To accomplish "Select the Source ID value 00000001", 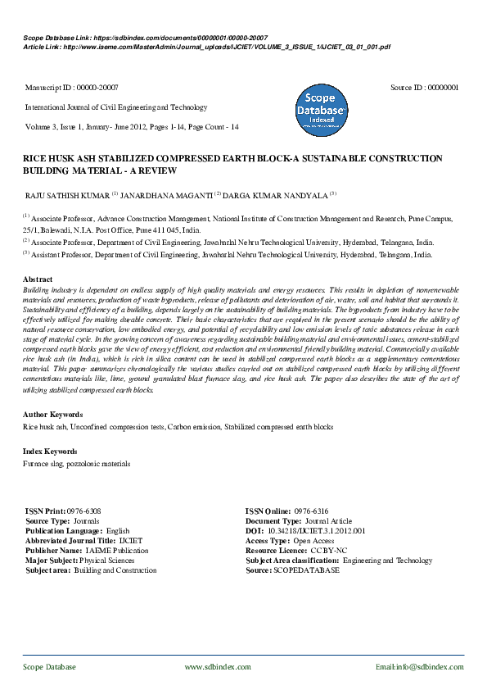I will pyautogui.click(x=442, y=87).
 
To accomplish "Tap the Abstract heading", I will pyautogui.click(x=38, y=279).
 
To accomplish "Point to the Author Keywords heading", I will pyautogui.click(x=53, y=415).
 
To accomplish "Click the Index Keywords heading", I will pyautogui.click(x=51, y=452).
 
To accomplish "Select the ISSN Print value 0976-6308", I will pyautogui.click(x=84, y=511).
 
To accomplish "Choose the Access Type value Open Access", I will pyautogui.click(x=315, y=541).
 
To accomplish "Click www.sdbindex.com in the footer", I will pyautogui.click(x=218, y=668).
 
